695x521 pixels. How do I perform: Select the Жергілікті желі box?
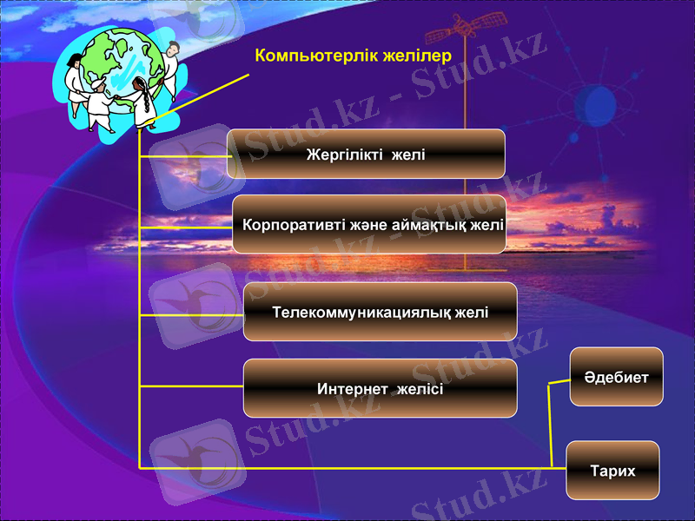[366, 155]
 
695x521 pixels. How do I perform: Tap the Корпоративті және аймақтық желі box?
[369, 225]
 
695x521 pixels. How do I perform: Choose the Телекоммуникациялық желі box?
[380, 312]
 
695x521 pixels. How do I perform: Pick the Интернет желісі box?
[380, 388]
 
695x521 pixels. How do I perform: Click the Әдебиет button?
[616, 377]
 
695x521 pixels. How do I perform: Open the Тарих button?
[612, 471]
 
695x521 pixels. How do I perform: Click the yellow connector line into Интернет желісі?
[191, 386]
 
